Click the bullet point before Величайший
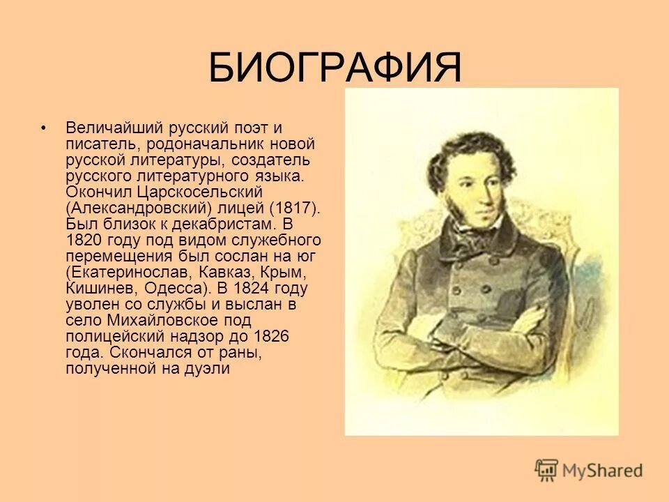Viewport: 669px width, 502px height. (44, 129)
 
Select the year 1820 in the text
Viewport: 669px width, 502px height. (84, 240)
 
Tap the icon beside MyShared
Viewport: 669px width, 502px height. (546, 470)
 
